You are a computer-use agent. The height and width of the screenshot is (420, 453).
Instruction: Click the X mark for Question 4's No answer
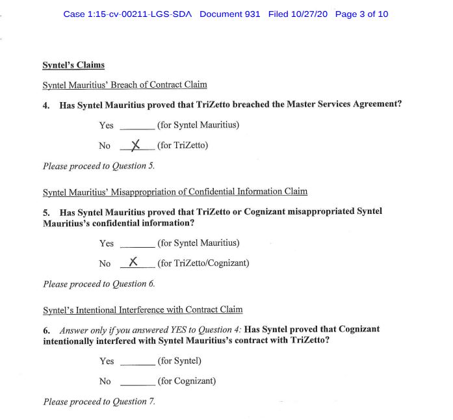(135, 145)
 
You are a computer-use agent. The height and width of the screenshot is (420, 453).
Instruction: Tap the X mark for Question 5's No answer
(133, 262)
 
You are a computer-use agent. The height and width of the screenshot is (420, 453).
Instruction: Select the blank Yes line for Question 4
(137, 128)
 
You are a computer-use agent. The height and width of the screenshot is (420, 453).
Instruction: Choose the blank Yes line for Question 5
(137, 246)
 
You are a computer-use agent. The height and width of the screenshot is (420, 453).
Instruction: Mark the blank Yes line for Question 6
(137, 364)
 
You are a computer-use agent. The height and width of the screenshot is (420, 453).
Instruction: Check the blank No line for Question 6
(137, 384)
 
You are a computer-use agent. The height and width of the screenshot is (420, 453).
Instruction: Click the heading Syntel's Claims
(73, 65)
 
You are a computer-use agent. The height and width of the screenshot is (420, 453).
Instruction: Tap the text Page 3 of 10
(361, 14)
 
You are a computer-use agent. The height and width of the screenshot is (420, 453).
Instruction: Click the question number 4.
(46, 105)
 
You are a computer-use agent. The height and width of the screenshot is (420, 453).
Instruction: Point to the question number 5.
(46, 212)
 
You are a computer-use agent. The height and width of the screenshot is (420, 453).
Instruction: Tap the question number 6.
(46, 330)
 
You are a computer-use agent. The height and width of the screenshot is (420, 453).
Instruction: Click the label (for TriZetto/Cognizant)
(203, 263)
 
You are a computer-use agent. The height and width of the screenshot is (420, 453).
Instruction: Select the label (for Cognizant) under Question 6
(187, 381)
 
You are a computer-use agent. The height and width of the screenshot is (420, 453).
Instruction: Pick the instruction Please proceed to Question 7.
(99, 402)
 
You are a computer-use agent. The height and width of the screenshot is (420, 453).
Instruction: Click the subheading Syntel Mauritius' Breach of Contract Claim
(125, 85)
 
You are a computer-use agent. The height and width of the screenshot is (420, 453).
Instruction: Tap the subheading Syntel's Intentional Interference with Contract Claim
(142, 309)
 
